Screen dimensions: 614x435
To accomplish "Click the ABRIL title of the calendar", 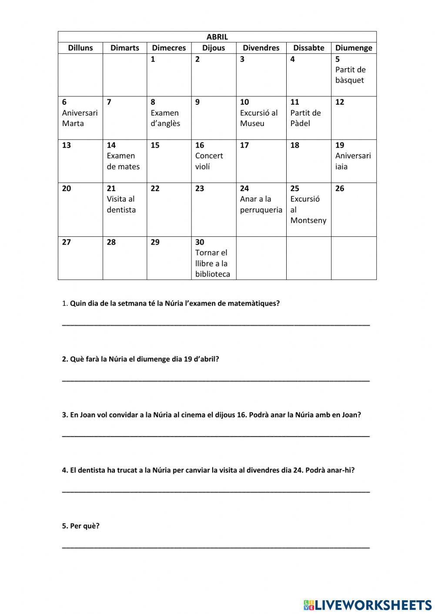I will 217,37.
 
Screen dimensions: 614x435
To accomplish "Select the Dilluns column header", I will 80,48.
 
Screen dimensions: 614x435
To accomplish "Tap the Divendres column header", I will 261,48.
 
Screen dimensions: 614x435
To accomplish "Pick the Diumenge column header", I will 354,48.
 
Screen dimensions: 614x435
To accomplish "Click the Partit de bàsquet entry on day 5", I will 350,75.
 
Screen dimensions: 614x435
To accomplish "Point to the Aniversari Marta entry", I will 80,118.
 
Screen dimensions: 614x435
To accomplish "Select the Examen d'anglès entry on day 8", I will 165,118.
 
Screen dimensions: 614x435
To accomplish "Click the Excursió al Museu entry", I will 259,118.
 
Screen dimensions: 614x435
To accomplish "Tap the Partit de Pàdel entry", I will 305,118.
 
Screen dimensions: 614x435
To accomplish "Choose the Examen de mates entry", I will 123,161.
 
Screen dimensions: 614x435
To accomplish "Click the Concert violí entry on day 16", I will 209,161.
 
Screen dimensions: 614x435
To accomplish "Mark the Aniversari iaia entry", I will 353,161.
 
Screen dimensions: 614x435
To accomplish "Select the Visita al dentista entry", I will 121,204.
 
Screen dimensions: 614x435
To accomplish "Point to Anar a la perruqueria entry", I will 261,204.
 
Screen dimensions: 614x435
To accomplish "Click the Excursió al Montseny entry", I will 308,209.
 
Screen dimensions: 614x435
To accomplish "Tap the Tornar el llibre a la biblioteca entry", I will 212,263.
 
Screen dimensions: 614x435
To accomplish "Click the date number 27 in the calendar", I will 66,242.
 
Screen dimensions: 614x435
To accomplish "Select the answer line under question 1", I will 216,324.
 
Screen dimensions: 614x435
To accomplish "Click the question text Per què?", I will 84,526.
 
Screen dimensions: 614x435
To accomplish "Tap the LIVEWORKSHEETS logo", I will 368,604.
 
